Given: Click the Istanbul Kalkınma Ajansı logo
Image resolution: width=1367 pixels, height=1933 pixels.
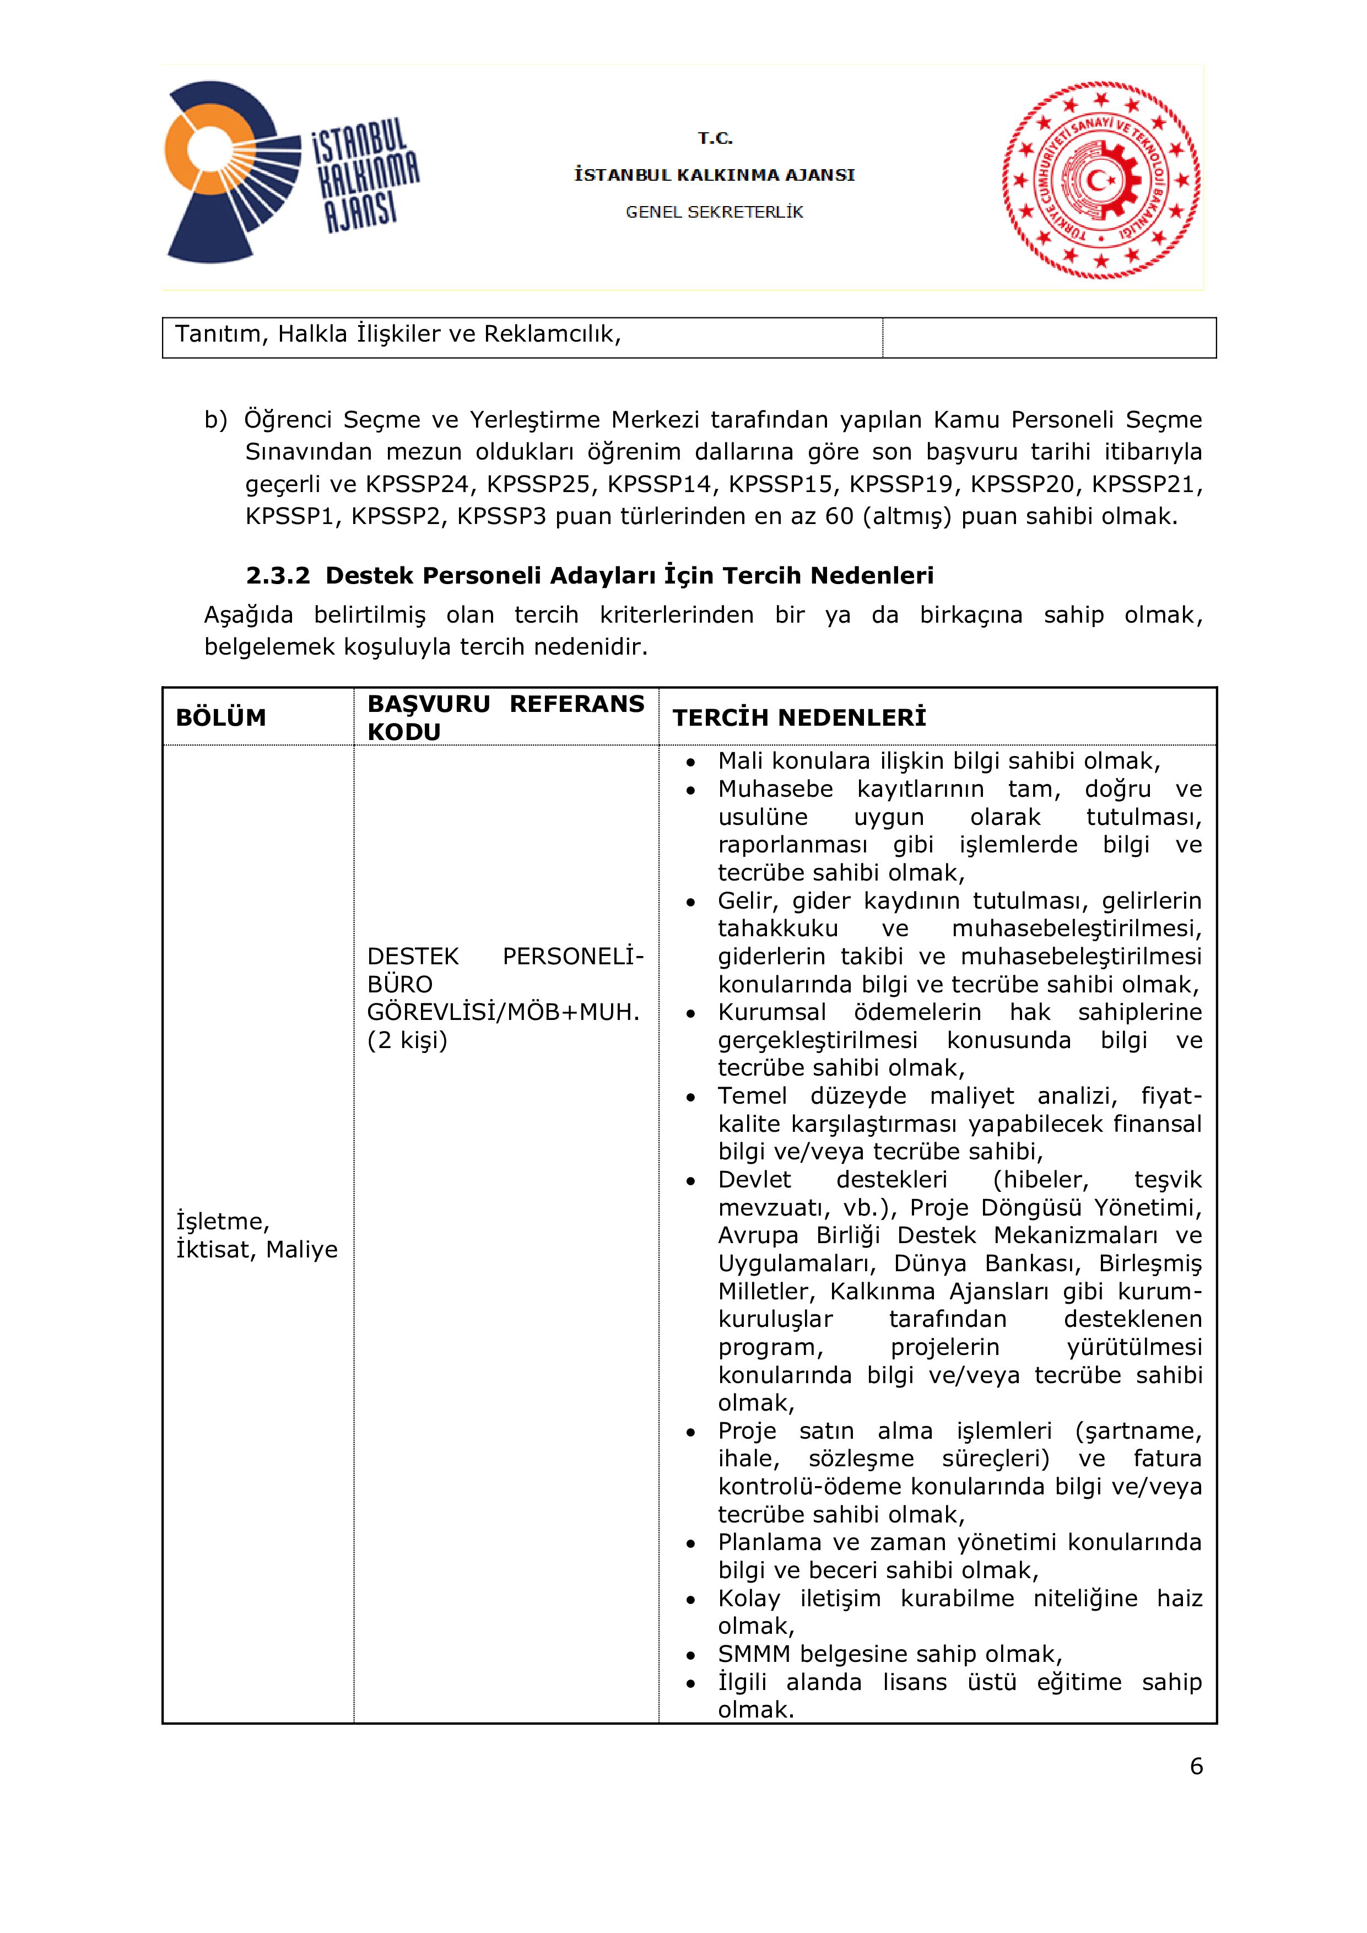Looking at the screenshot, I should (x=290, y=172).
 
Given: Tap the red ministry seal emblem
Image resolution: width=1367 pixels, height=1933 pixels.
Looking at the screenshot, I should (x=1101, y=179).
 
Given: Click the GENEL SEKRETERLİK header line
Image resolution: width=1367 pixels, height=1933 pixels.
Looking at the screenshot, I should (x=714, y=212).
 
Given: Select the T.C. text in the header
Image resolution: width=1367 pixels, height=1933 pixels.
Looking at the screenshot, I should (x=715, y=138).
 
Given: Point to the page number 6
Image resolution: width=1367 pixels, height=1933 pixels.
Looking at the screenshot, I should (x=1196, y=1766).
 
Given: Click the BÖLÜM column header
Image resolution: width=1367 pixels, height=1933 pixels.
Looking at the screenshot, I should (x=220, y=717).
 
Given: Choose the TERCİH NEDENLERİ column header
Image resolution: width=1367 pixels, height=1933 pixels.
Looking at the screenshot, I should (x=799, y=717).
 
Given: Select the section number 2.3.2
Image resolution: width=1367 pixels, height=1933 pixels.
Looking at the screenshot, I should (x=278, y=576).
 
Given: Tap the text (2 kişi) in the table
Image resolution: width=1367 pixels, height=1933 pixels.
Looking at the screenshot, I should (x=407, y=1040).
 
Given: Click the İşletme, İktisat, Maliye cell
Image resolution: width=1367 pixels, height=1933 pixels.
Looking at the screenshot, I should (x=256, y=1235).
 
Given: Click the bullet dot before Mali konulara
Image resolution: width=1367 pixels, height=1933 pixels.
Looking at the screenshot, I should (x=690, y=762).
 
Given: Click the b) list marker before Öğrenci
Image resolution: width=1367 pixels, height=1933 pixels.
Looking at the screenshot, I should (x=215, y=420).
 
